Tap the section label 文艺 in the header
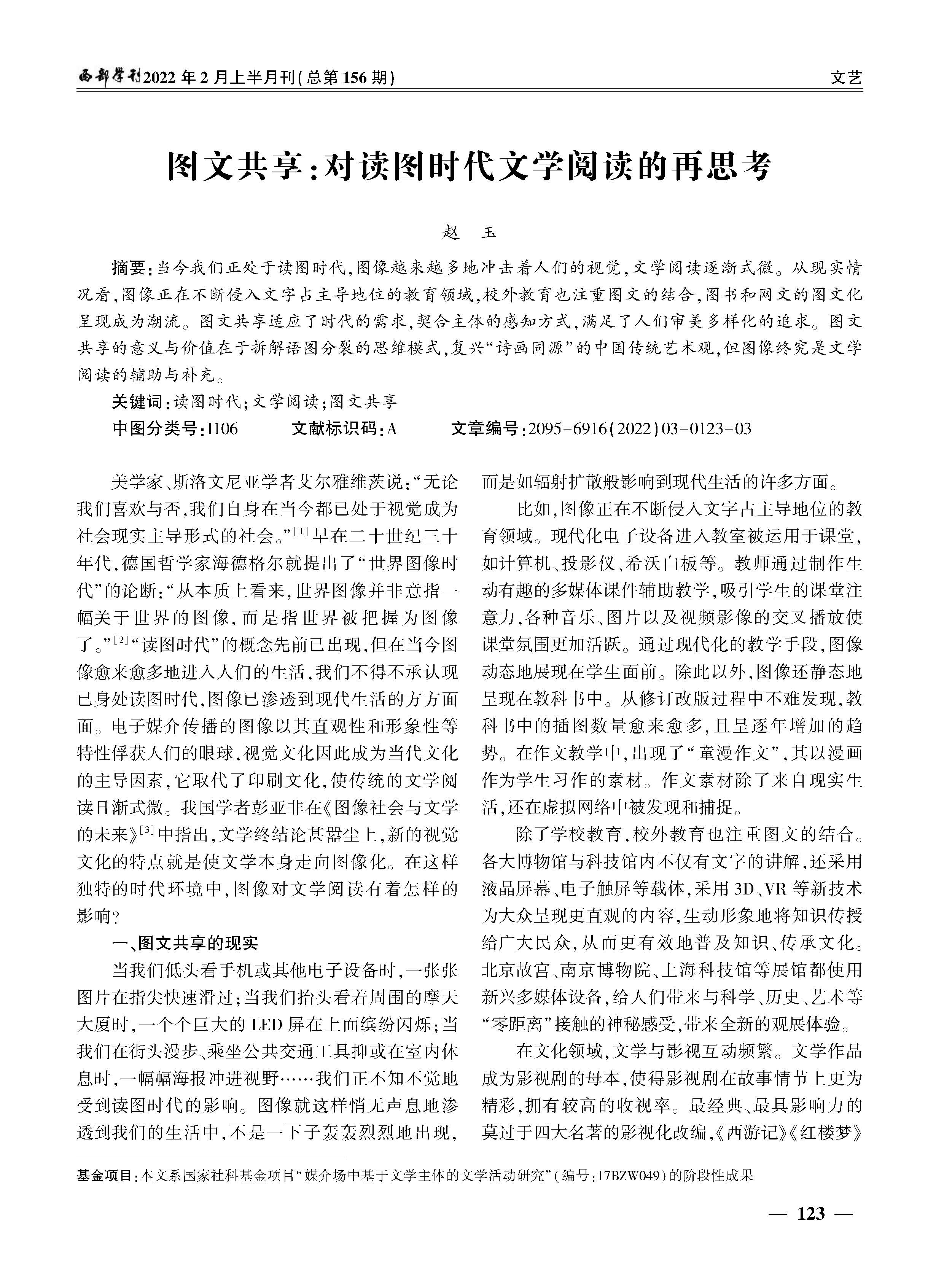(846, 77)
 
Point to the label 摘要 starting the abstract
(129, 267)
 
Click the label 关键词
(137, 402)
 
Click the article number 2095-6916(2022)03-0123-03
(640, 428)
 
